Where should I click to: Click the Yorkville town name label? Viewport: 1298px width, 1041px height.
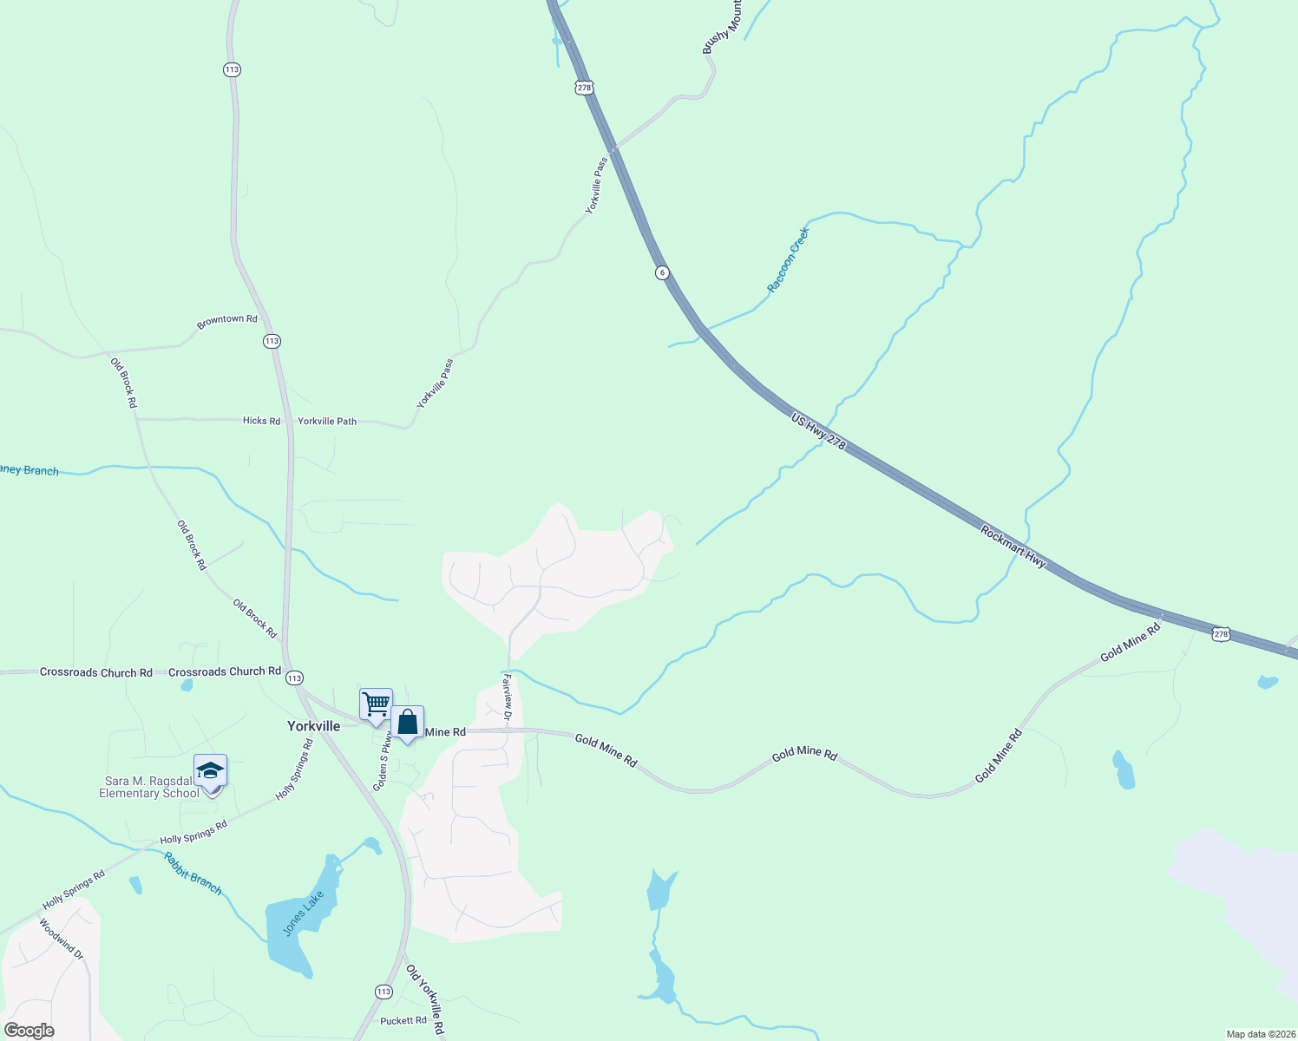tap(313, 726)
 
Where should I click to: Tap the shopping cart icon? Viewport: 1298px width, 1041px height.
tap(376, 704)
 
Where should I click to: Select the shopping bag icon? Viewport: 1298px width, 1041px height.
tap(407, 722)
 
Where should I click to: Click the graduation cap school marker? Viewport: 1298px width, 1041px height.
tap(210, 770)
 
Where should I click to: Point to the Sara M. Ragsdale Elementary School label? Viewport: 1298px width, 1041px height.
tap(149, 787)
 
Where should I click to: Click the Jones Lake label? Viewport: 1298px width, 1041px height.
tap(304, 913)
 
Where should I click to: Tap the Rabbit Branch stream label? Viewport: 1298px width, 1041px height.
tap(193, 873)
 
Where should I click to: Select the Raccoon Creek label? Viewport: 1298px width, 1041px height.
tap(788, 259)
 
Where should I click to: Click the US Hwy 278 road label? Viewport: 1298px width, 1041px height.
tap(818, 431)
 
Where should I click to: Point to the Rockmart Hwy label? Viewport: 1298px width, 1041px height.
tap(1013, 547)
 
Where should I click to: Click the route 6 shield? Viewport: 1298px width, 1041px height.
tap(662, 272)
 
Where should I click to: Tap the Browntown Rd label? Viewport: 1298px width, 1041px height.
tap(227, 320)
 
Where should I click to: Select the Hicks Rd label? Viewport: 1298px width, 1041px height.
tap(261, 421)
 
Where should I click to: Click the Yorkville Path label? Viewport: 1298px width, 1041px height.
tap(327, 422)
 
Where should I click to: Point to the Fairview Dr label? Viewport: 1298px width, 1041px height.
tap(508, 696)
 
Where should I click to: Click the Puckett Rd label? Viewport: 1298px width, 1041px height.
tap(403, 1021)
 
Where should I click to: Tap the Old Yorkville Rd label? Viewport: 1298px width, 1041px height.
tap(425, 1000)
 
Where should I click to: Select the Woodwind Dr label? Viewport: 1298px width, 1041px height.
tap(61, 940)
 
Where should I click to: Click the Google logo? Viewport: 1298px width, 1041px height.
tap(29, 1031)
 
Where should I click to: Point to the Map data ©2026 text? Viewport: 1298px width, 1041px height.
tap(1259, 1034)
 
